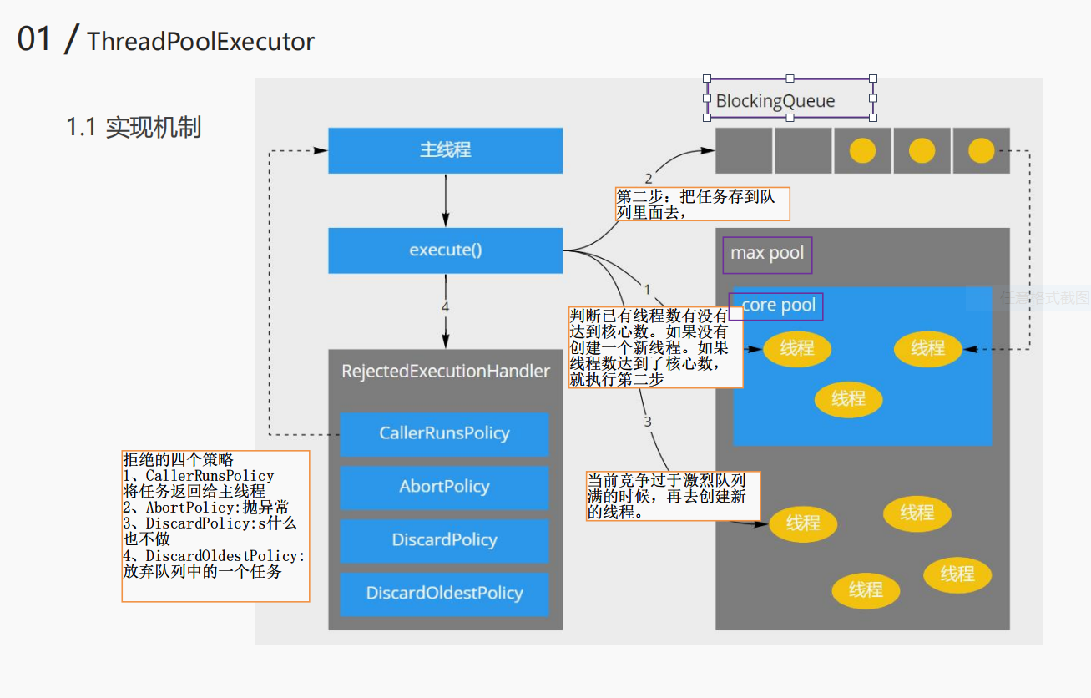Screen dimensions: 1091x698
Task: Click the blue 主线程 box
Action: point(445,150)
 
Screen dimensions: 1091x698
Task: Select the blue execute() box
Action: point(445,250)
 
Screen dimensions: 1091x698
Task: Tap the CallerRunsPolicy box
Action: point(444,434)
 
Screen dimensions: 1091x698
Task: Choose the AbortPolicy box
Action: point(444,487)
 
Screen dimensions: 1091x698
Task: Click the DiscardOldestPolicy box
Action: point(444,594)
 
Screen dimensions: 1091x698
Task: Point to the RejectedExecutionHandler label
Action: point(446,372)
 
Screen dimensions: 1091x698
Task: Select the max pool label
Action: point(767,253)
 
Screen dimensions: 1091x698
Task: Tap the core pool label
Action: point(778,306)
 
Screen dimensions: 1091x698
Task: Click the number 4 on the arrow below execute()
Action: point(445,307)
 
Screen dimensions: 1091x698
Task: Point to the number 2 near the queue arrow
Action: point(649,179)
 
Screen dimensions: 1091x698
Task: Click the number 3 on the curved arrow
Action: point(647,422)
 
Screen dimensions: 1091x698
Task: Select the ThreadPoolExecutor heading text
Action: point(200,42)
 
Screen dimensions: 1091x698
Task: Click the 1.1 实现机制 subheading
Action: point(134,128)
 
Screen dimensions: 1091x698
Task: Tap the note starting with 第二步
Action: point(702,204)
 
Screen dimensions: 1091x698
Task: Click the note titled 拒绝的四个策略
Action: point(215,526)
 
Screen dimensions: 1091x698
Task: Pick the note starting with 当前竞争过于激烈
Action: point(673,496)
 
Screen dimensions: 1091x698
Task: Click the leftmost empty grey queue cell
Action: point(744,150)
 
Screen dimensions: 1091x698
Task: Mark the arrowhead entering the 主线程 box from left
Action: point(321,150)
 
